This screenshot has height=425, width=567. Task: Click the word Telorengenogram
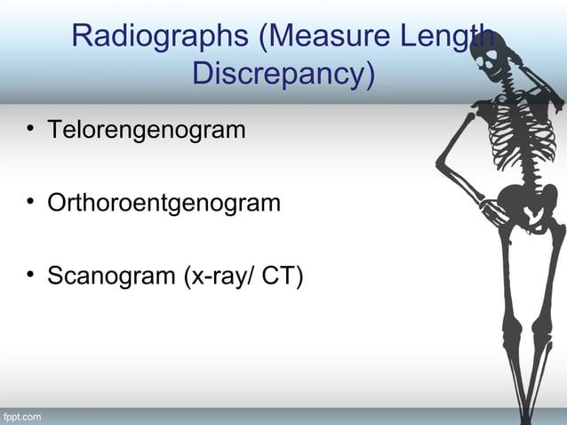[x=146, y=131]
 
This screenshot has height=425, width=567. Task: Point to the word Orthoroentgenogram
[x=164, y=204]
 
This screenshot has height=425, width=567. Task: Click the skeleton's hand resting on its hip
[x=493, y=210]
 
